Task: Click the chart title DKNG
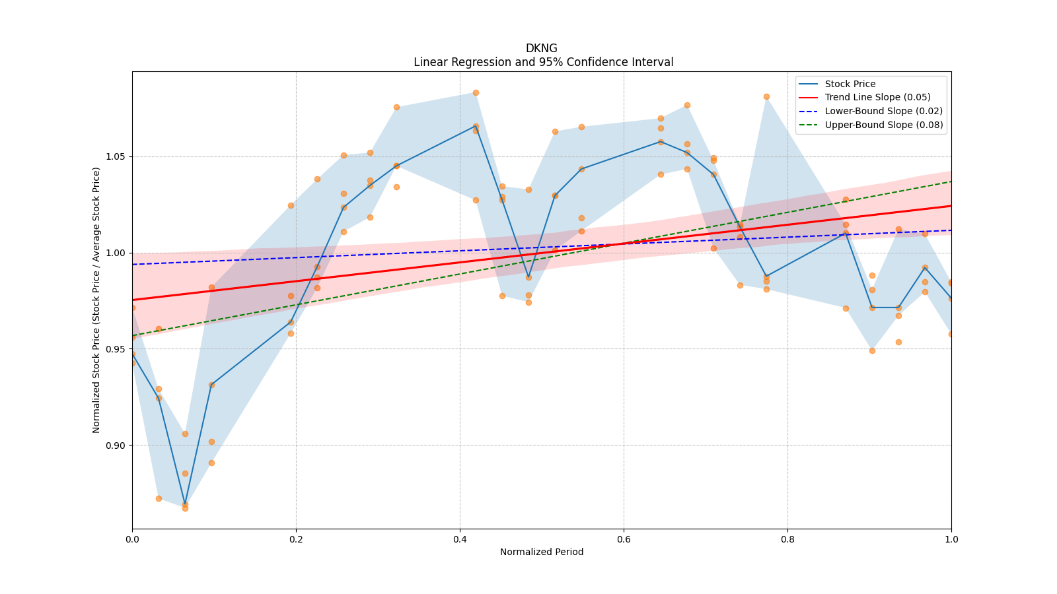[541, 48]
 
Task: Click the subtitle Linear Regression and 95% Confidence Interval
[543, 62]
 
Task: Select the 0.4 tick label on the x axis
[460, 539]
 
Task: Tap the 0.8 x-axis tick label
[787, 539]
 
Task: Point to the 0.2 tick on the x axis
[296, 539]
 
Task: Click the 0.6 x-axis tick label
[624, 539]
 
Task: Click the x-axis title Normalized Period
[542, 552]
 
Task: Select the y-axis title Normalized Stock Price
[96, 300]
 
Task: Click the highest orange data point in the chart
[476, 93]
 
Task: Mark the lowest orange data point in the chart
[185, 509]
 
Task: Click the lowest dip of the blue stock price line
[185, 504]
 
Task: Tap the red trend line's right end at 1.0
[951, 206]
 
